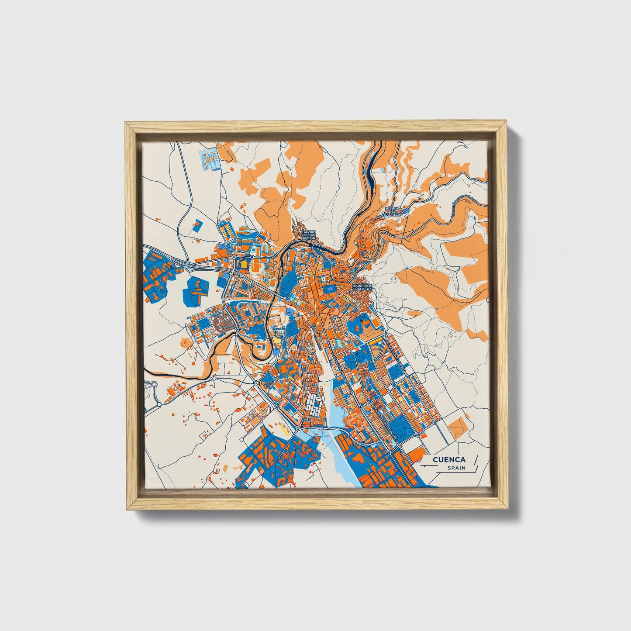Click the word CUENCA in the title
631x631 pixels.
coord(449,460)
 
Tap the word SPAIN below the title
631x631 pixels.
coord(456,468)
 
